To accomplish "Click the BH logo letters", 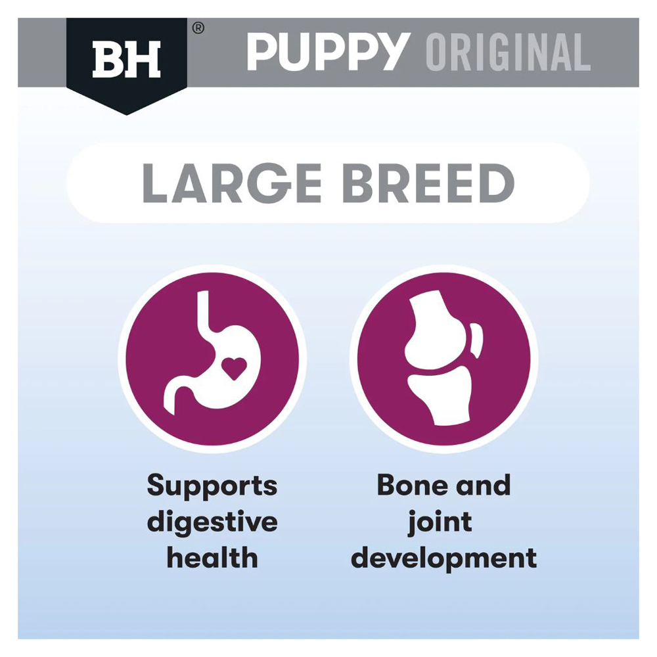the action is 126,59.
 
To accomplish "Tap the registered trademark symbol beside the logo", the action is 198,28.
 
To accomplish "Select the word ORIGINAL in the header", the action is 509,52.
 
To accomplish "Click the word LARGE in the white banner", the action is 232,183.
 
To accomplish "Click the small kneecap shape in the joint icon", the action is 476,340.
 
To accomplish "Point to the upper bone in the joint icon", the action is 437,330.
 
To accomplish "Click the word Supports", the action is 212,486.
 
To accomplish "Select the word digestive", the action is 212,522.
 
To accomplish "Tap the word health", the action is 212,558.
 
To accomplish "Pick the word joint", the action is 440,523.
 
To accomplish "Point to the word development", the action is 443,559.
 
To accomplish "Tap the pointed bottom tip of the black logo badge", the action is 127,114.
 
